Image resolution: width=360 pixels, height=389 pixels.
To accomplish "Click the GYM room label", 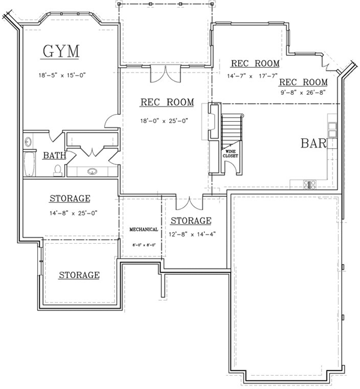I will coord(60,52).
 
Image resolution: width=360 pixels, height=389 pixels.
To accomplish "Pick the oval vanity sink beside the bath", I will coord(92,171).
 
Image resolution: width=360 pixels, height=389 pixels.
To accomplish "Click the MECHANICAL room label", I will coord(143,229).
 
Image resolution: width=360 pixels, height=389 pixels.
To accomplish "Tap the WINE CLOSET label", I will coord(230,153).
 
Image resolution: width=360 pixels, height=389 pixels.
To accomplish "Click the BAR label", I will coord(314,144).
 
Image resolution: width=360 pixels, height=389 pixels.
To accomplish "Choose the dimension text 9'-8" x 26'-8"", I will coord(303,93).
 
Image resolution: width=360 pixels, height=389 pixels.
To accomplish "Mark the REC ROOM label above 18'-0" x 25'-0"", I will coord(164,102).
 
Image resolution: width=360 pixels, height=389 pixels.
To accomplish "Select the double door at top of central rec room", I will coord(164,74).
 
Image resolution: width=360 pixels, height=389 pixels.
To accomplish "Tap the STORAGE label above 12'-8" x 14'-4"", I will coord(191,220).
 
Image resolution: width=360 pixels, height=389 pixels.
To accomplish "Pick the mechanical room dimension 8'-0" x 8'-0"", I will coord(143,245).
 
